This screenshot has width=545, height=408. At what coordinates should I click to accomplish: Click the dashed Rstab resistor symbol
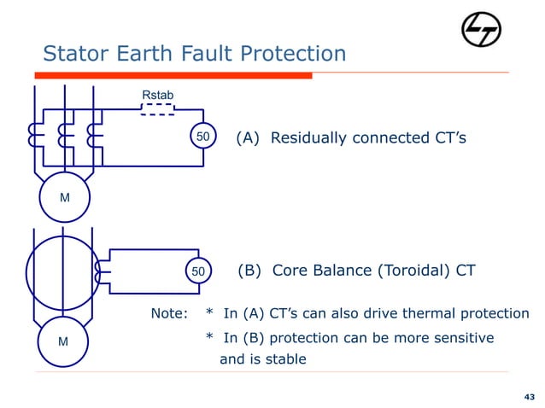point(157,109)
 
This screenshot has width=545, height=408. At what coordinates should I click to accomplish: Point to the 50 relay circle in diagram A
point(203,137)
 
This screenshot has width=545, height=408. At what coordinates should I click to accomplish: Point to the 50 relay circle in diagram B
point(198,271)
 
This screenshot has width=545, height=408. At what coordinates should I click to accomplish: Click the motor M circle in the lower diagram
point(62,342)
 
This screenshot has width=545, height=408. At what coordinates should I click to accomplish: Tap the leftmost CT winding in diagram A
point(35,137)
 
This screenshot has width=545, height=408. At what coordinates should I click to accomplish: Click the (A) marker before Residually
point(249,138)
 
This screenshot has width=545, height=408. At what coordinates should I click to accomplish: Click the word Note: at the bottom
point(169,313)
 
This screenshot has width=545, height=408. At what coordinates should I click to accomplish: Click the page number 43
point(528,397)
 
